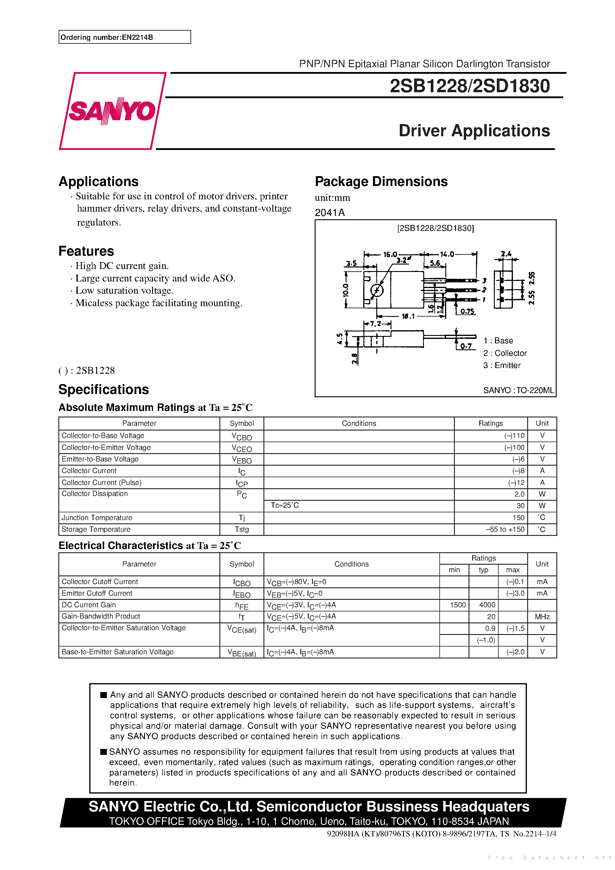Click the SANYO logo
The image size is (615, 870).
(x=112, y=111)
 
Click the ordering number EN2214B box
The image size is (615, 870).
(x=124, y=37)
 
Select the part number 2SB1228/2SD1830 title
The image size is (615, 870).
(x=469, y=86)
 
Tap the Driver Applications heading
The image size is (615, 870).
(x=474, y=131)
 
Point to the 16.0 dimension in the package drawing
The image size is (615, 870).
(x=390, y=254)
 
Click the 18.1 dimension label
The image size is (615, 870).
(x=408, y=316)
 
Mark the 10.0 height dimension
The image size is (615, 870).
(x=345, y=290)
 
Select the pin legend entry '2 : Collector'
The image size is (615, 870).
(x=505, y=353)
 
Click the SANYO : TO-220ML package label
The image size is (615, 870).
(x=518, y=390)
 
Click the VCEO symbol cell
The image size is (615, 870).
(x=241, y=448)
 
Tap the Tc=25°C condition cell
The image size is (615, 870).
(x=285, y=506)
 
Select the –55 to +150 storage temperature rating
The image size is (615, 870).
(x=505, y=529)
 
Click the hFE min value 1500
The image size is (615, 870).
(x=458, y=605)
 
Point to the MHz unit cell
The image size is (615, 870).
(x=542, y=617)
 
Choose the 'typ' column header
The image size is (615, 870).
(x=483, y=570)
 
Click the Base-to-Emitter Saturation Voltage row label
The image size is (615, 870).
(x=118, y=652)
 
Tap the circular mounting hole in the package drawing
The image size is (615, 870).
(x=377, y=290)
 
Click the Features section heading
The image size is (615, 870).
(x=86, y=251)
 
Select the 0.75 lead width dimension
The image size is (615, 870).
(x=467, y=312)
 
